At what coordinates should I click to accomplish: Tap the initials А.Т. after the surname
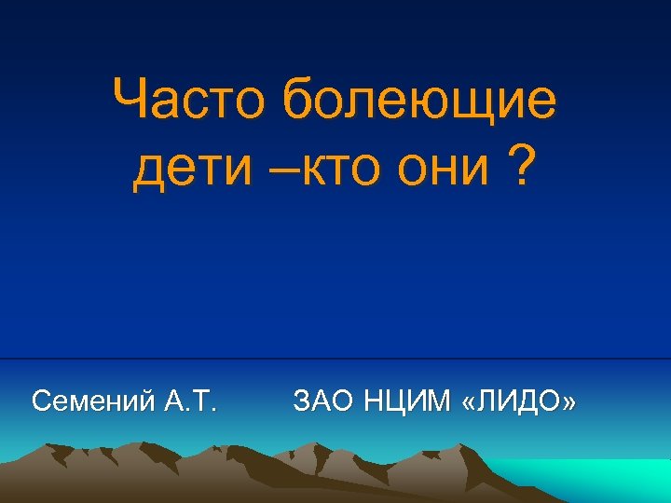click(x=190, y=401)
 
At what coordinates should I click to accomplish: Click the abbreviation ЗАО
click(x=322, y=401)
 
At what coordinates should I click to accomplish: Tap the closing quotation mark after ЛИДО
click(x=568, y=403)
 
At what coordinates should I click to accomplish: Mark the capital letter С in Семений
click(x=40, y=401)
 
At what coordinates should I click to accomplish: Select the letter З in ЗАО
click(x=300, y=401)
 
